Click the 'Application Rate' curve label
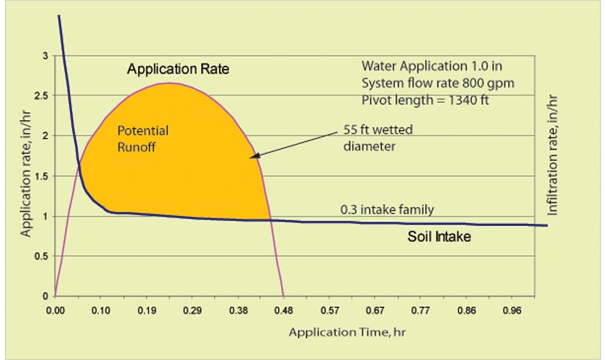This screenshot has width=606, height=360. point(177,70)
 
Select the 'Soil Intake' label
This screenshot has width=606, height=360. point(440,235)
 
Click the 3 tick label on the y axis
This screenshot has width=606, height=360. point(46,55)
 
